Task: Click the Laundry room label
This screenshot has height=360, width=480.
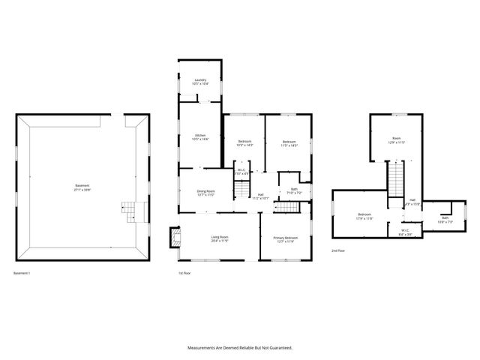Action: point(200,82)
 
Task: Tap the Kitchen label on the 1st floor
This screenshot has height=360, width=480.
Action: point(200,137)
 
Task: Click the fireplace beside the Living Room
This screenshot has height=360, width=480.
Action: point(175,238)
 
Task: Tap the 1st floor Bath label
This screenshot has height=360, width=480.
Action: point(294,190)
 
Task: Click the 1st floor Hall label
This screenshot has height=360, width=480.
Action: point(259,196)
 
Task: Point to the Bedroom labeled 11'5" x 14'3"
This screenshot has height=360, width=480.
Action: point(289,143)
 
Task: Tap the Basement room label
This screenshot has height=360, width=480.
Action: point(82,187)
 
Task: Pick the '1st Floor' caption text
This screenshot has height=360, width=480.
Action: point(184,273)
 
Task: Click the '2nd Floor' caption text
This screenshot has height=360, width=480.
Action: point(338,250)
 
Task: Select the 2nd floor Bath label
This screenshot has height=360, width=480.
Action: point(445,219)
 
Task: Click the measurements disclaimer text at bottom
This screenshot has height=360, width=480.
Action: point(240,348)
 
